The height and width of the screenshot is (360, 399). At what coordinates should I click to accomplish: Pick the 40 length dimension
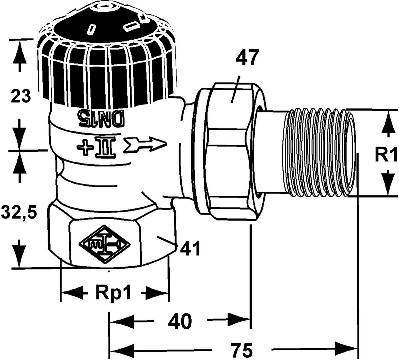click(x=180, y=321)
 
